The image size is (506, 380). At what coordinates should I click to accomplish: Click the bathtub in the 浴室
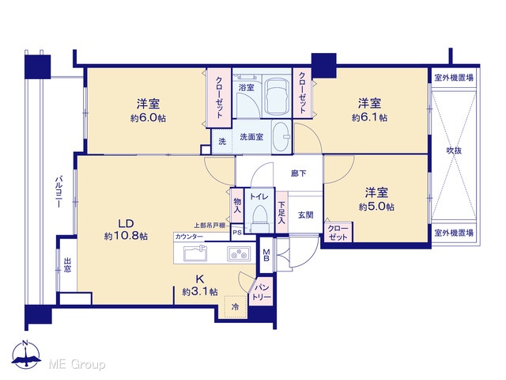tap(277, 97)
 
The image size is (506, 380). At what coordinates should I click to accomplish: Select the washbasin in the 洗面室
tap(281, 137)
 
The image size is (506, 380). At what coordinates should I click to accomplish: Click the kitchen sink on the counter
tap(195, 253)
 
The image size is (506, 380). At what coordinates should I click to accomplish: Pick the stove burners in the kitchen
tap(239, 253)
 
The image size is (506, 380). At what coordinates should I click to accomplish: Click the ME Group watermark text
tap(77, 365)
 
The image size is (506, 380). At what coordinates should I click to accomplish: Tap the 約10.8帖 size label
tap(126, 236)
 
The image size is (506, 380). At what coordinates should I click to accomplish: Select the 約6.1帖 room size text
tap(369, 117)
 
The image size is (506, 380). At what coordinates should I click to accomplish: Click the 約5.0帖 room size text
tap(376, 207)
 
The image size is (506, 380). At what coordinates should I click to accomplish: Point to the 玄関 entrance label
tap(305, 215)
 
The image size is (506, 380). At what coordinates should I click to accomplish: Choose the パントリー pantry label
tap(262, 292)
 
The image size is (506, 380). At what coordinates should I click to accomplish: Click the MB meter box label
tap(266, 255)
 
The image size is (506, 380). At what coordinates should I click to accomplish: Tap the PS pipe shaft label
tap(237, 232)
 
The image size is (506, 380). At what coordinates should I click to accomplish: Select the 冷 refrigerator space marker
tap(236, 306)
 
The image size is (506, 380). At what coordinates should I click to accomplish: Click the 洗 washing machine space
tap(222, 141)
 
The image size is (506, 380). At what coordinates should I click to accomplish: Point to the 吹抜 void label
tap(454, 150)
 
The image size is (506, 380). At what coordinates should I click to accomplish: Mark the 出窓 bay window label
tap(67, 264)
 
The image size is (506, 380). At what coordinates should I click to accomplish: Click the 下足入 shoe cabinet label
tap(281, 213)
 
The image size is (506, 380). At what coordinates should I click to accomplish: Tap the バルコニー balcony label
tap(59, 192)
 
